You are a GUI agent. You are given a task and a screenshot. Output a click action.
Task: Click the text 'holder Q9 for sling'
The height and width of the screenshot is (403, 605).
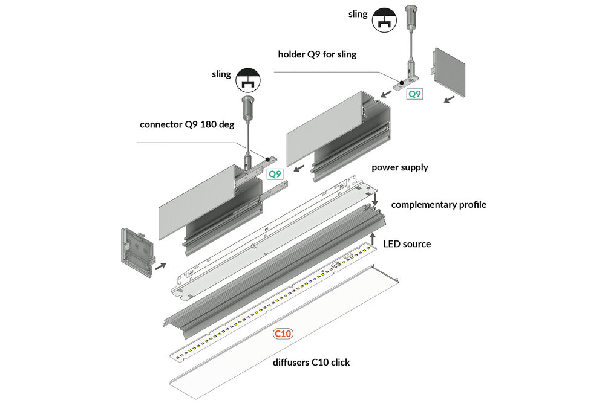pos(317,54)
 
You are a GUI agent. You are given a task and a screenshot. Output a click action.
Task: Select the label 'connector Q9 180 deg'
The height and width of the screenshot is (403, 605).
pos(186,125)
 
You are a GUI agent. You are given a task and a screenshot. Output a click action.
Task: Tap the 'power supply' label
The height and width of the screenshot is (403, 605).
pos(399,167)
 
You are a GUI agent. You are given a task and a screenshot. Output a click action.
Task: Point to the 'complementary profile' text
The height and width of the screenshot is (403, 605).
pos(439,204)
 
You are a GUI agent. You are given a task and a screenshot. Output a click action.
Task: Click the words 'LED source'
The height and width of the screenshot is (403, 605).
pos(407,244)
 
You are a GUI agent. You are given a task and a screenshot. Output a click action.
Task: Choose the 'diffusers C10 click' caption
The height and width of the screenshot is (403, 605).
pos(310,363)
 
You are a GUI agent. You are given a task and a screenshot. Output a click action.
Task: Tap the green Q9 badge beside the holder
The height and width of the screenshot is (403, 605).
pos(414,94)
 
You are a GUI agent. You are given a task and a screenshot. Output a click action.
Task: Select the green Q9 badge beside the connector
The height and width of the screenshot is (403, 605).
pos(275,174)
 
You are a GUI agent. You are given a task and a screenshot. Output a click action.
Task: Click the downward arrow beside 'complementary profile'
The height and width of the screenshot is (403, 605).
pos(375,199)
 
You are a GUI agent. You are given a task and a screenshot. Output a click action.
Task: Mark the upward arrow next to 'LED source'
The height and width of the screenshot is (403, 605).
pos(373,239)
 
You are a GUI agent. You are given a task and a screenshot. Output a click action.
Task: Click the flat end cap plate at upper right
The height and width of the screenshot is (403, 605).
pos(449,72)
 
